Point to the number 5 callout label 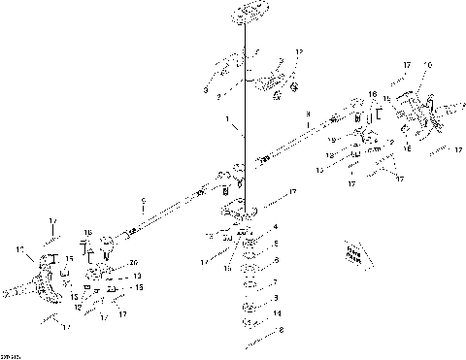click(x=277, y=244)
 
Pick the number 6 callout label click(x=277, y=260)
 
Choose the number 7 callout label click(x=277, y=283)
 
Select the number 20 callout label click(x=133, y=261)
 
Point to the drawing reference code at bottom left click(x=13, y=354)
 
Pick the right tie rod click(x=311, y=134)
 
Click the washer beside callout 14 click(x=250, y=314)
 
